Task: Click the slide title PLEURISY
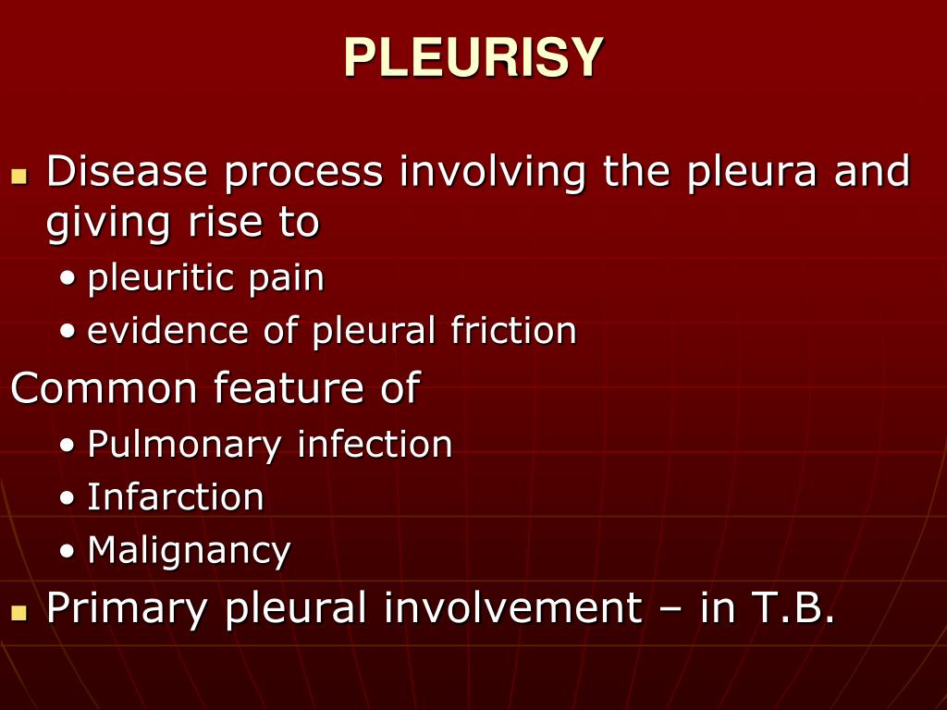pyautogui.click(x=473, y=58)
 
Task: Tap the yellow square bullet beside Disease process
pyautogui.click(x=18, y=175)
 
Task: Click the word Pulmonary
pyautogui.click(x=184, y=446)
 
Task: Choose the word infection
pyautogui.click(x=375, y=444)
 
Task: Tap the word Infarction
pyautogui.click(x=176, y=497)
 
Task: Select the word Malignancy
pyautogui.click(x=189, y=552)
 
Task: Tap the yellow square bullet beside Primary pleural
pyautogui.click(x=18, y=611)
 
